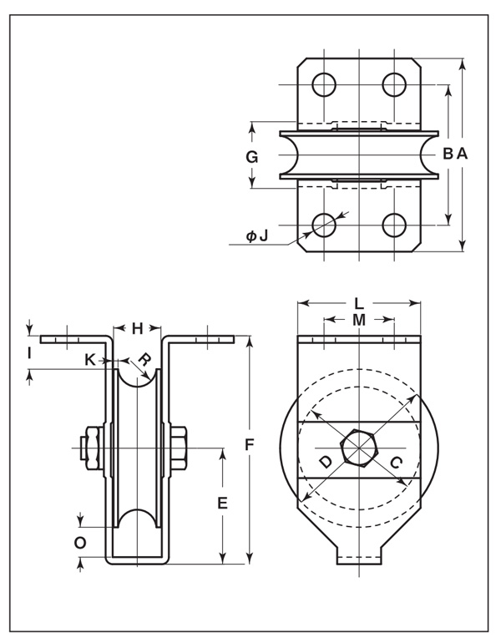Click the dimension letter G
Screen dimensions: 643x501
252,156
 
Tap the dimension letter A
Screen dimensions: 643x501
462,154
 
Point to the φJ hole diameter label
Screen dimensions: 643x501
257,236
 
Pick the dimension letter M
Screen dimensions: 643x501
358,320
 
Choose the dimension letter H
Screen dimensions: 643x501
138,327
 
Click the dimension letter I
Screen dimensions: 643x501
30,353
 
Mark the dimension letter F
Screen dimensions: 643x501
249,445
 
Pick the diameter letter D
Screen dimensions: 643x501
325,462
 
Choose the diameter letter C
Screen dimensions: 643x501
397,462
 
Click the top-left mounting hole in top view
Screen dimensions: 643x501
324,84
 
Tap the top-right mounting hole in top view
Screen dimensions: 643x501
393,84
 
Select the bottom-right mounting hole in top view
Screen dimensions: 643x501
393,225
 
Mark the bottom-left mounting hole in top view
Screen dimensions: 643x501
324,225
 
